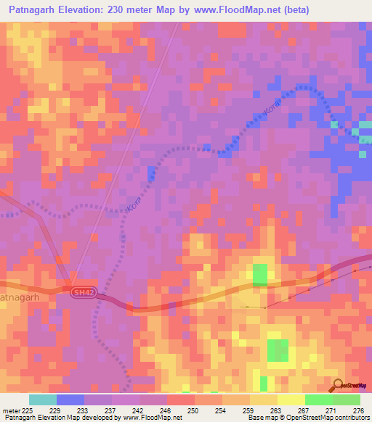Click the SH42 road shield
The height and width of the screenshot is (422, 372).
[83, 292]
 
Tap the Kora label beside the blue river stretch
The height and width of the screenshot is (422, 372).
[271, 106]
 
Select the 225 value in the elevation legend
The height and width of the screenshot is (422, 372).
[28, 410]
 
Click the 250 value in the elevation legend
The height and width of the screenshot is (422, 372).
[193, 410]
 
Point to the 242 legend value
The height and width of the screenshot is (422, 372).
[137, 410]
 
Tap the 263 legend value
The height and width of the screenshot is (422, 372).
[275, 410]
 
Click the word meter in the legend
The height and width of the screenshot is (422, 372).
[11, 410]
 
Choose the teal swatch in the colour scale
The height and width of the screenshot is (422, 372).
[42, 400]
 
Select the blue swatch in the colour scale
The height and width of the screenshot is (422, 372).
[70, 400]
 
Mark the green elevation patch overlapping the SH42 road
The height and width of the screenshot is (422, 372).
[259, 276]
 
